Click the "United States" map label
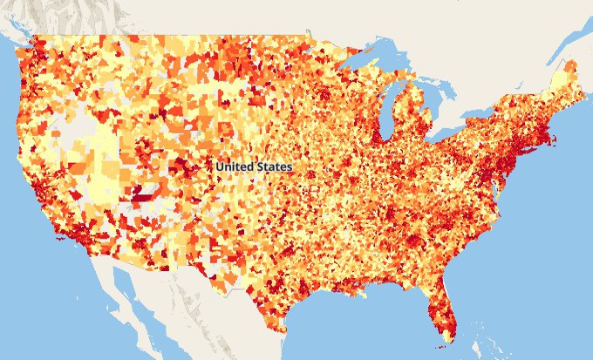click(x=255, y=166)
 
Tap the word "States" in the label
click(x=274, y=166)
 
